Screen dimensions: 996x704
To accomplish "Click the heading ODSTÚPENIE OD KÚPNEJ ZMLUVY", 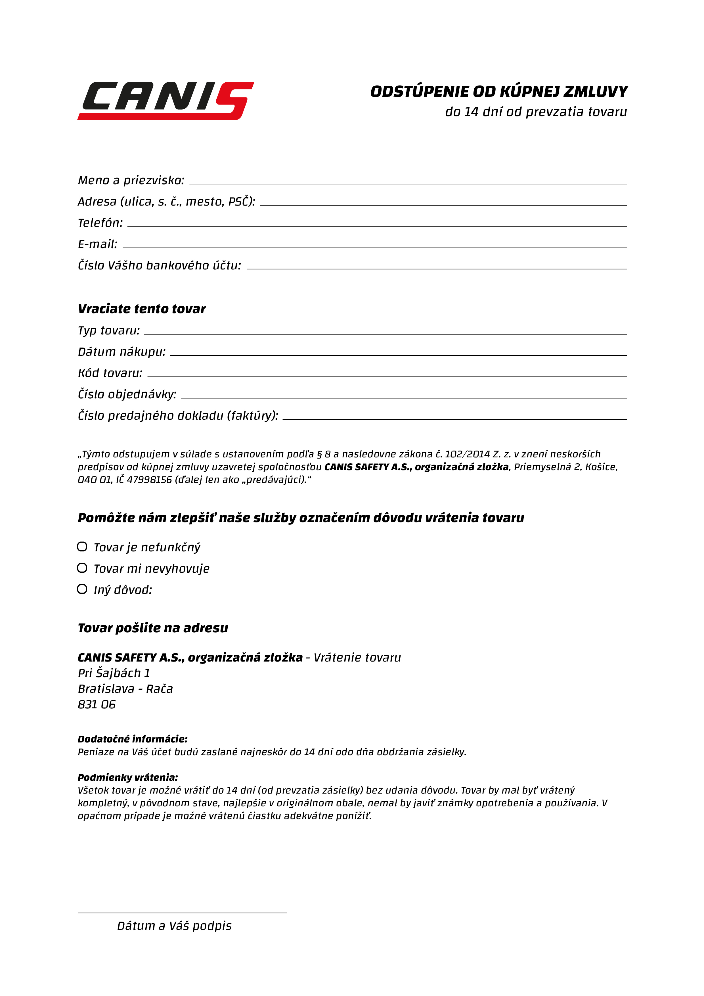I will (499, 91).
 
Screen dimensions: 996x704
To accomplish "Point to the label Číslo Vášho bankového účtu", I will (159, 265).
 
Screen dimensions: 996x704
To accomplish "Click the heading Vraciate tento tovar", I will (141, 309).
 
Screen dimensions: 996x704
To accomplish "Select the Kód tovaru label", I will (110, 373).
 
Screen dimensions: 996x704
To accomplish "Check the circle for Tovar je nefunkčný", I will (82, 547).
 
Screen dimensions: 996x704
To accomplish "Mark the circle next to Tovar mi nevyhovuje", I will (82, 568).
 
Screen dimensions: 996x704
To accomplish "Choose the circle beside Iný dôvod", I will (82, 589).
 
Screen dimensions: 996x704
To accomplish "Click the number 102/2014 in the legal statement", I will (467, 454).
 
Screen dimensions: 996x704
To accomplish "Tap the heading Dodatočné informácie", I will (132, 739).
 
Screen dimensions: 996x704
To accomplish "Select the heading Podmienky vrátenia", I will (127, 777).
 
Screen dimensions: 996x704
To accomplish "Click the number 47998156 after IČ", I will (149, 480).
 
